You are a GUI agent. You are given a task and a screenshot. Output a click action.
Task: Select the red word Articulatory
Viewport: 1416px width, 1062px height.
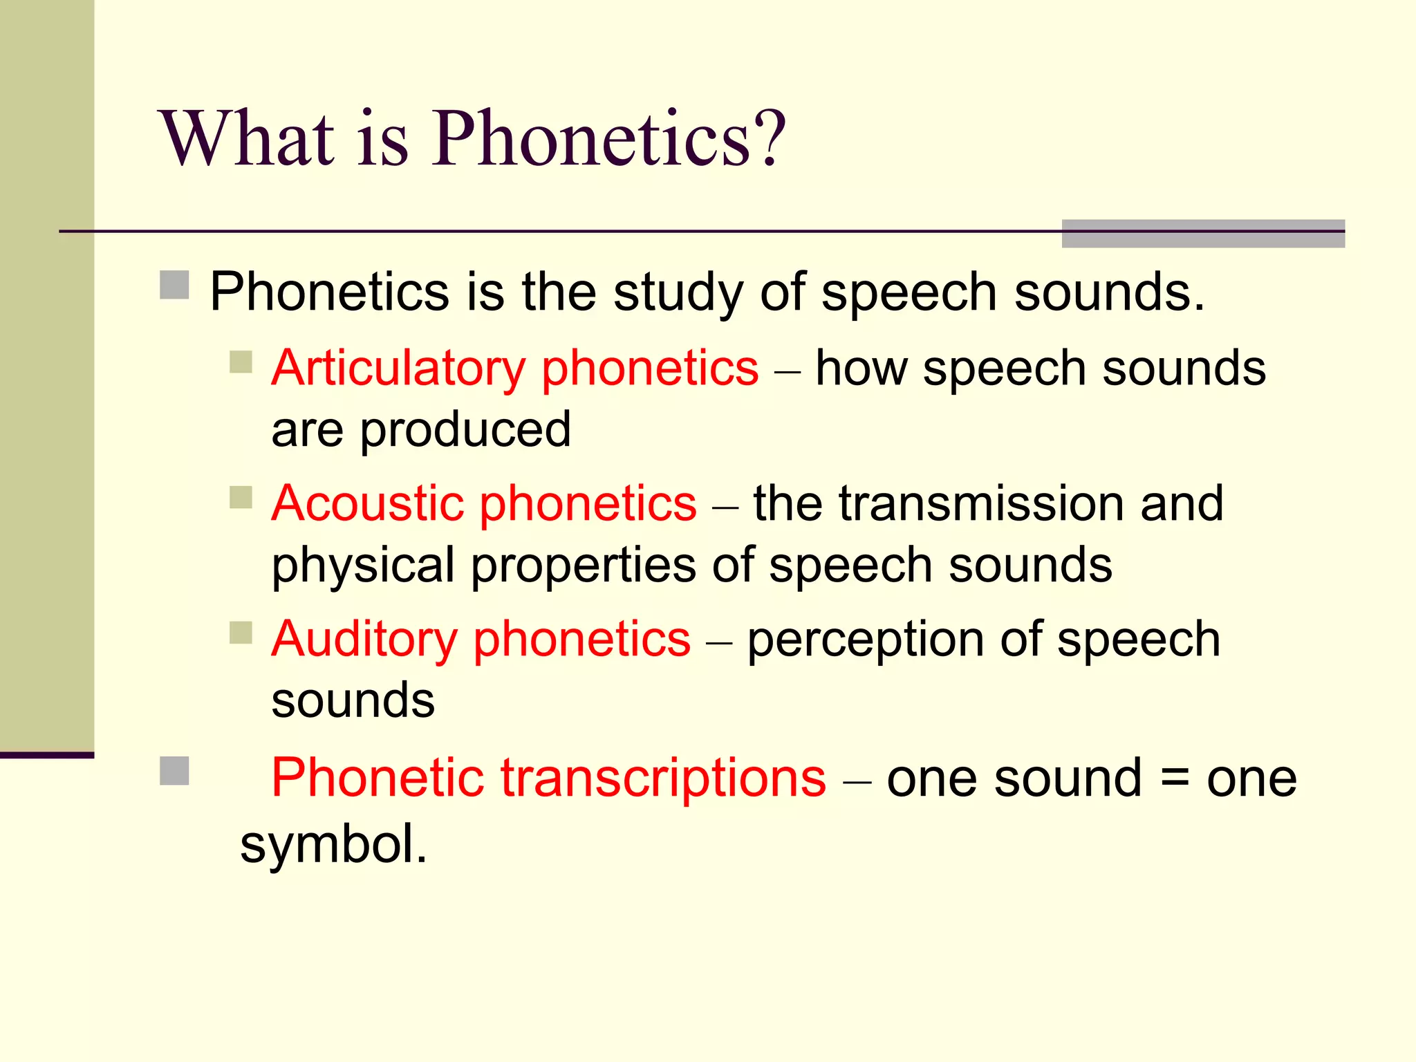pos(398,369)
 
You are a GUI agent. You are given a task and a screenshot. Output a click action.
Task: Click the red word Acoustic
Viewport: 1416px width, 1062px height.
pos(368,503)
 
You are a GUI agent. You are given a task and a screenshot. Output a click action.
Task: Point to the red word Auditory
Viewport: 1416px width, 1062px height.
pos(364,639)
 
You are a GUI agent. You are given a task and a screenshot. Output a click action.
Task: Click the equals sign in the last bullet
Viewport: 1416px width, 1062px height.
pos(1174,779)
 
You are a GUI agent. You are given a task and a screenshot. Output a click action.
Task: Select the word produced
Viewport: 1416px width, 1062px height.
pos(465,430)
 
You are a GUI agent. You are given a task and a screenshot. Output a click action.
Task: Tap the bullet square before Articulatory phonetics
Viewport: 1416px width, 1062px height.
pos(241,362)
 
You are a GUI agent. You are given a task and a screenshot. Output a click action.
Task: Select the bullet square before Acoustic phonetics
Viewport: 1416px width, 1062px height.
pos(241,497)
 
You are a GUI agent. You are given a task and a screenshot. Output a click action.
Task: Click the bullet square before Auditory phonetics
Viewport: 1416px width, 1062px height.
pos(241,633)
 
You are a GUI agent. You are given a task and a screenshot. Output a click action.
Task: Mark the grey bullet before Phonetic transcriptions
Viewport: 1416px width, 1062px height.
pos(174,771)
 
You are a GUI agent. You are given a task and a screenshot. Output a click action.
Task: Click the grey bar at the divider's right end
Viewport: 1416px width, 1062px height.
pos(1202,234)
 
